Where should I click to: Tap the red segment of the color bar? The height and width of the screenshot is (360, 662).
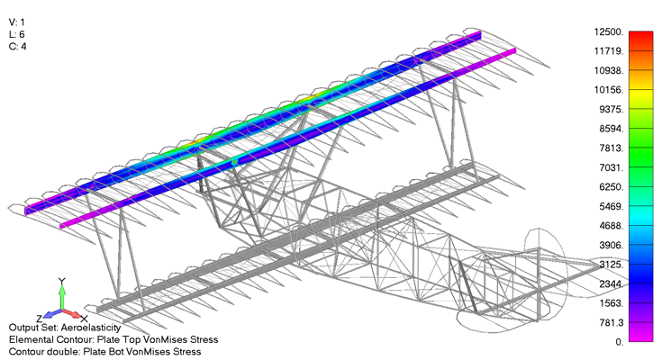pos(640,38)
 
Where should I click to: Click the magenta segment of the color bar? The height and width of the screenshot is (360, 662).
pos(640,335)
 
